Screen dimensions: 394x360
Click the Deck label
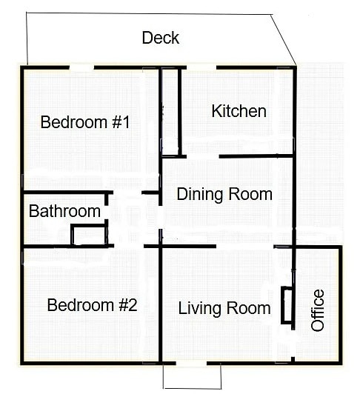click(x=161, y=38)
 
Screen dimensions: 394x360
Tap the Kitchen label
click(x=239, y=111)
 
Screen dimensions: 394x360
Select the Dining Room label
click(x=224, y=195)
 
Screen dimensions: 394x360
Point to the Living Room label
click(x=224, y=308)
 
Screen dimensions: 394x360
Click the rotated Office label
click(x=318, y=310)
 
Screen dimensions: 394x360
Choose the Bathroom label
click(x=64, y=212)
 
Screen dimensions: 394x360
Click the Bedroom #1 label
click(x=85, y=122)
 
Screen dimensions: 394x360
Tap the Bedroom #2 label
click(x=92, y=304)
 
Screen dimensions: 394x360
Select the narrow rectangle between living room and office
click(x=287, y=304)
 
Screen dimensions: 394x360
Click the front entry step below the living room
click(x=192, y=376)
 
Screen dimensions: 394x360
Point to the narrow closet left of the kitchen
click(x=170, y=113)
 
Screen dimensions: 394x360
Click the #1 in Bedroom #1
click(x=120, y=122)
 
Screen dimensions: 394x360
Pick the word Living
click(x=200, y=308)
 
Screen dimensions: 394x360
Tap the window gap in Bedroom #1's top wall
click(x=81, y=68)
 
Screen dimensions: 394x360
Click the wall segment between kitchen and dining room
click(x=256, y=156)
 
